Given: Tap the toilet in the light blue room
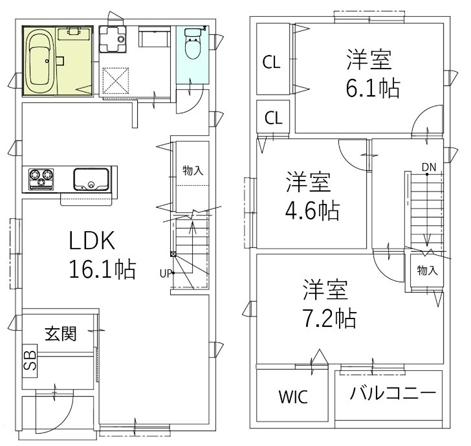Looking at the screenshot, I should point(193,47).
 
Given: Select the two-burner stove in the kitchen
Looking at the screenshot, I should point(42,178).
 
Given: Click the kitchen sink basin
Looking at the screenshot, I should point(91,178).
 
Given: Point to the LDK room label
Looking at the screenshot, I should point(93,241).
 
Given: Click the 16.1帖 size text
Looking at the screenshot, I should point(102,269).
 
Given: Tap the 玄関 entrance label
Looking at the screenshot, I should point(61,334).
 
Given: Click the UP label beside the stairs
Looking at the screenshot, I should point(164,273).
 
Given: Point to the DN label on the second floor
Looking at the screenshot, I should point(428,167).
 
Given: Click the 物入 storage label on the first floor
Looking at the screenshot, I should point(193,171).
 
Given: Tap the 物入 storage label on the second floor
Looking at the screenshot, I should point(426,270).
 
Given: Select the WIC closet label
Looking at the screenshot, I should point(293,397).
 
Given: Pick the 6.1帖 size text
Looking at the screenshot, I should point(372,88).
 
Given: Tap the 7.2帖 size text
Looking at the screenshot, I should point(330,317).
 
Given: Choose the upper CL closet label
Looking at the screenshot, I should point(271,63).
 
